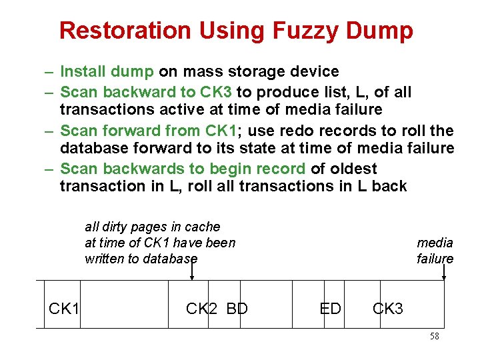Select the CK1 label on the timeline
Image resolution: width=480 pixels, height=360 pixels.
pos(64,309)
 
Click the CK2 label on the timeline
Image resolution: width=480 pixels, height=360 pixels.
pos(201,309)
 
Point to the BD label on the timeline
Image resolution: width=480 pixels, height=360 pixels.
pos(237,309)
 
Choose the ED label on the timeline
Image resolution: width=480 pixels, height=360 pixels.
pos(331,309)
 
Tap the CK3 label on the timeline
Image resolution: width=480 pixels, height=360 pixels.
pos(388,309)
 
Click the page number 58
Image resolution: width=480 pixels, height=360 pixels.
pos(434,337)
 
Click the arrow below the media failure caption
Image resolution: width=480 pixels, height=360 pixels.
pos(443,272)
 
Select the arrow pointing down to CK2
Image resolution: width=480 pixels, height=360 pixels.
pos(192,272)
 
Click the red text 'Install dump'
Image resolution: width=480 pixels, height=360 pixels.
pos(107,71)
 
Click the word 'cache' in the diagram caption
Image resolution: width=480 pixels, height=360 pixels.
pos(203,227)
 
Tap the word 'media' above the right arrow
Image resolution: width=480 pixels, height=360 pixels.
pos(435,243)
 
